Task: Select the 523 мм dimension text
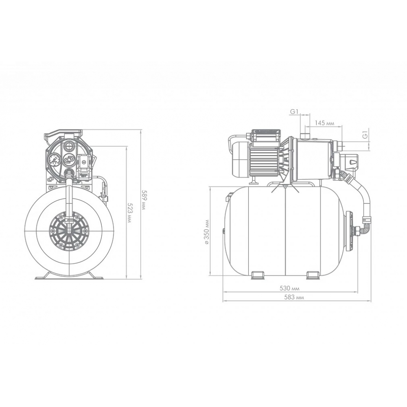129,215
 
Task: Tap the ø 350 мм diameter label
207,232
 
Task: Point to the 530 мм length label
289,289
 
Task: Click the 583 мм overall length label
294,298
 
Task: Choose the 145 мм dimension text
324,123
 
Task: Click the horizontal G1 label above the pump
294,112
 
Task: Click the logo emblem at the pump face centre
69,160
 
